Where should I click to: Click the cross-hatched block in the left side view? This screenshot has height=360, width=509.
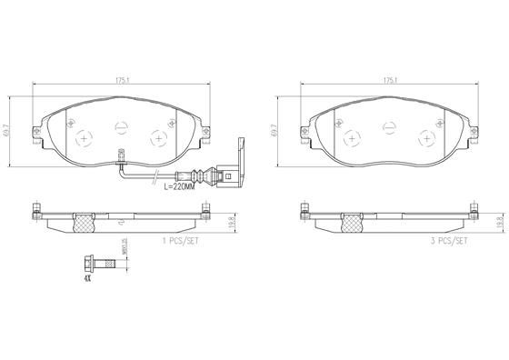click(85, 219)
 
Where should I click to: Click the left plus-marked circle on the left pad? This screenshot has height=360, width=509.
click(85, 138)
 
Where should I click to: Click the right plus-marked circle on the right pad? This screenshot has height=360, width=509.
click(427, 138)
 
